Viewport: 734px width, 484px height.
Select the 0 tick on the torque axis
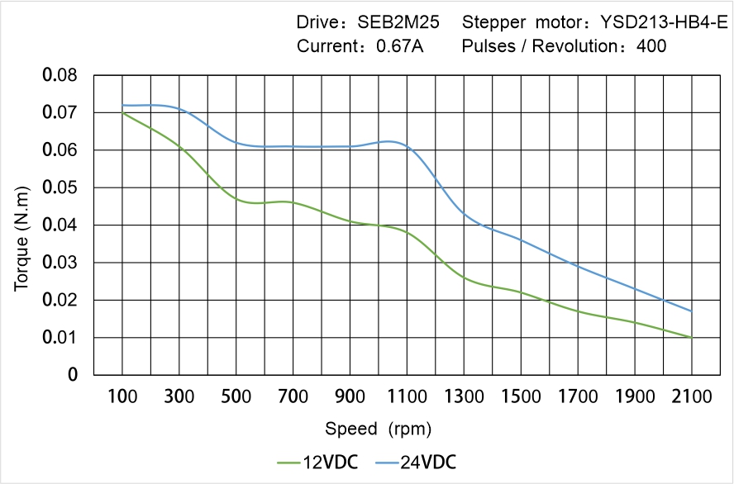73,375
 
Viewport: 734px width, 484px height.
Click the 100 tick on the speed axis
122,396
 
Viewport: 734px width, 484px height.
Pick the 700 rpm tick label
293,396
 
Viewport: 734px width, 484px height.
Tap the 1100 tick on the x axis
407,396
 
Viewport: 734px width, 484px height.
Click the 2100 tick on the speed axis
691,396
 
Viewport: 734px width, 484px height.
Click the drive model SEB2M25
398,23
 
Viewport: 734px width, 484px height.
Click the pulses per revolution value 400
651,46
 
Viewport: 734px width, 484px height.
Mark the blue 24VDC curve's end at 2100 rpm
691,311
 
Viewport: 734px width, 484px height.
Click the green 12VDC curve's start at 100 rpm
122,112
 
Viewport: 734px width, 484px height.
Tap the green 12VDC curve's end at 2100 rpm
691,337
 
